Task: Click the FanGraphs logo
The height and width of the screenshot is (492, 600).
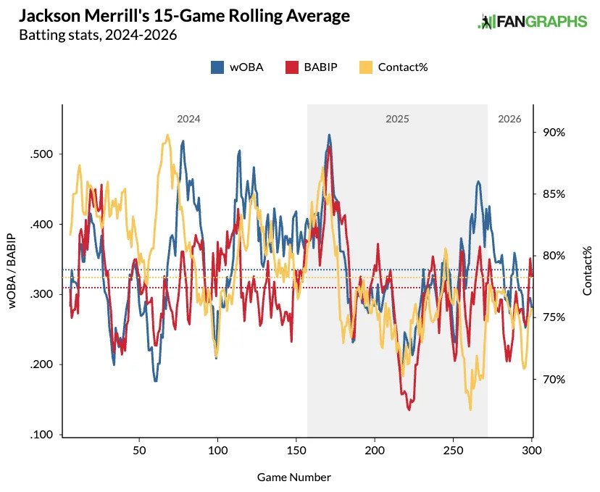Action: point(532,22)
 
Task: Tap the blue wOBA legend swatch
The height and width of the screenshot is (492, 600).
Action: point(217,67)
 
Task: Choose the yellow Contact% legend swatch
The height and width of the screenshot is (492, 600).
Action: point(365,67)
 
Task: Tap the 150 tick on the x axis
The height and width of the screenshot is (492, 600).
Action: point(296,450)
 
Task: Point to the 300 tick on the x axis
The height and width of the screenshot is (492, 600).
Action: point(531,450)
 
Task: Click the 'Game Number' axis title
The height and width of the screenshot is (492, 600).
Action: point(293,478)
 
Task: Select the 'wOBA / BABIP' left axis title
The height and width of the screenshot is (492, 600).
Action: point(13,272)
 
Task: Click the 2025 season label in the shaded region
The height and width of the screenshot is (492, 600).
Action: point(396,118)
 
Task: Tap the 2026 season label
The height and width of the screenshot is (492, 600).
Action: point(509,118)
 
